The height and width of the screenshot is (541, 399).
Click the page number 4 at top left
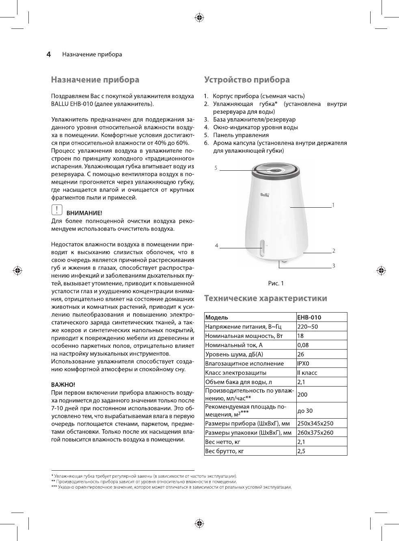[x=49, y=54]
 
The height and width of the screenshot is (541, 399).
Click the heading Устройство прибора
[x=247, y=80]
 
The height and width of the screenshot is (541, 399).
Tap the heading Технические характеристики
[x=265, y=298]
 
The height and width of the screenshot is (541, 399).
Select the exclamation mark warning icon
[x=56, y=210]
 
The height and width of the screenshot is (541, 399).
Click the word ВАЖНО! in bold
[x=63, y=385]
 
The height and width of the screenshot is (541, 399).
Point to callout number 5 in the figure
[x=216, y=168]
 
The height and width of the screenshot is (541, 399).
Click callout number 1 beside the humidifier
[x=333, y=205]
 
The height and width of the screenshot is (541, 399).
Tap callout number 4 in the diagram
[x=217, y=246]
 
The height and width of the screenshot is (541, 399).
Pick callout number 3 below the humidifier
[x=334, y=266]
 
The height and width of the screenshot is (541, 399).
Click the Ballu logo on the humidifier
[x=265, y=195]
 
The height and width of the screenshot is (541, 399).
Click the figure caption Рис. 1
[x=276, y=283]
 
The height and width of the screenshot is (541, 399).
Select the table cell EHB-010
[x=309, y=317]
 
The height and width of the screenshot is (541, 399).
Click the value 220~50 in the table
[x=307, y=327]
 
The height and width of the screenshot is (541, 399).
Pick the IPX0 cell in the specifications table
[x=303, y=363]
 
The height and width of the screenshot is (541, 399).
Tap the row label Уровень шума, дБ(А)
[x=234, y=354]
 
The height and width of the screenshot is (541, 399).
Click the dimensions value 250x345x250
[x=315, y=423]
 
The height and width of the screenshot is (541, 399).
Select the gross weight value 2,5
[x=301, y=451]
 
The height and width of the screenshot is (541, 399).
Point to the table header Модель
[x=217, y=317]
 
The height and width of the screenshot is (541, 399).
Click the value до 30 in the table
[x=305, y=411]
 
